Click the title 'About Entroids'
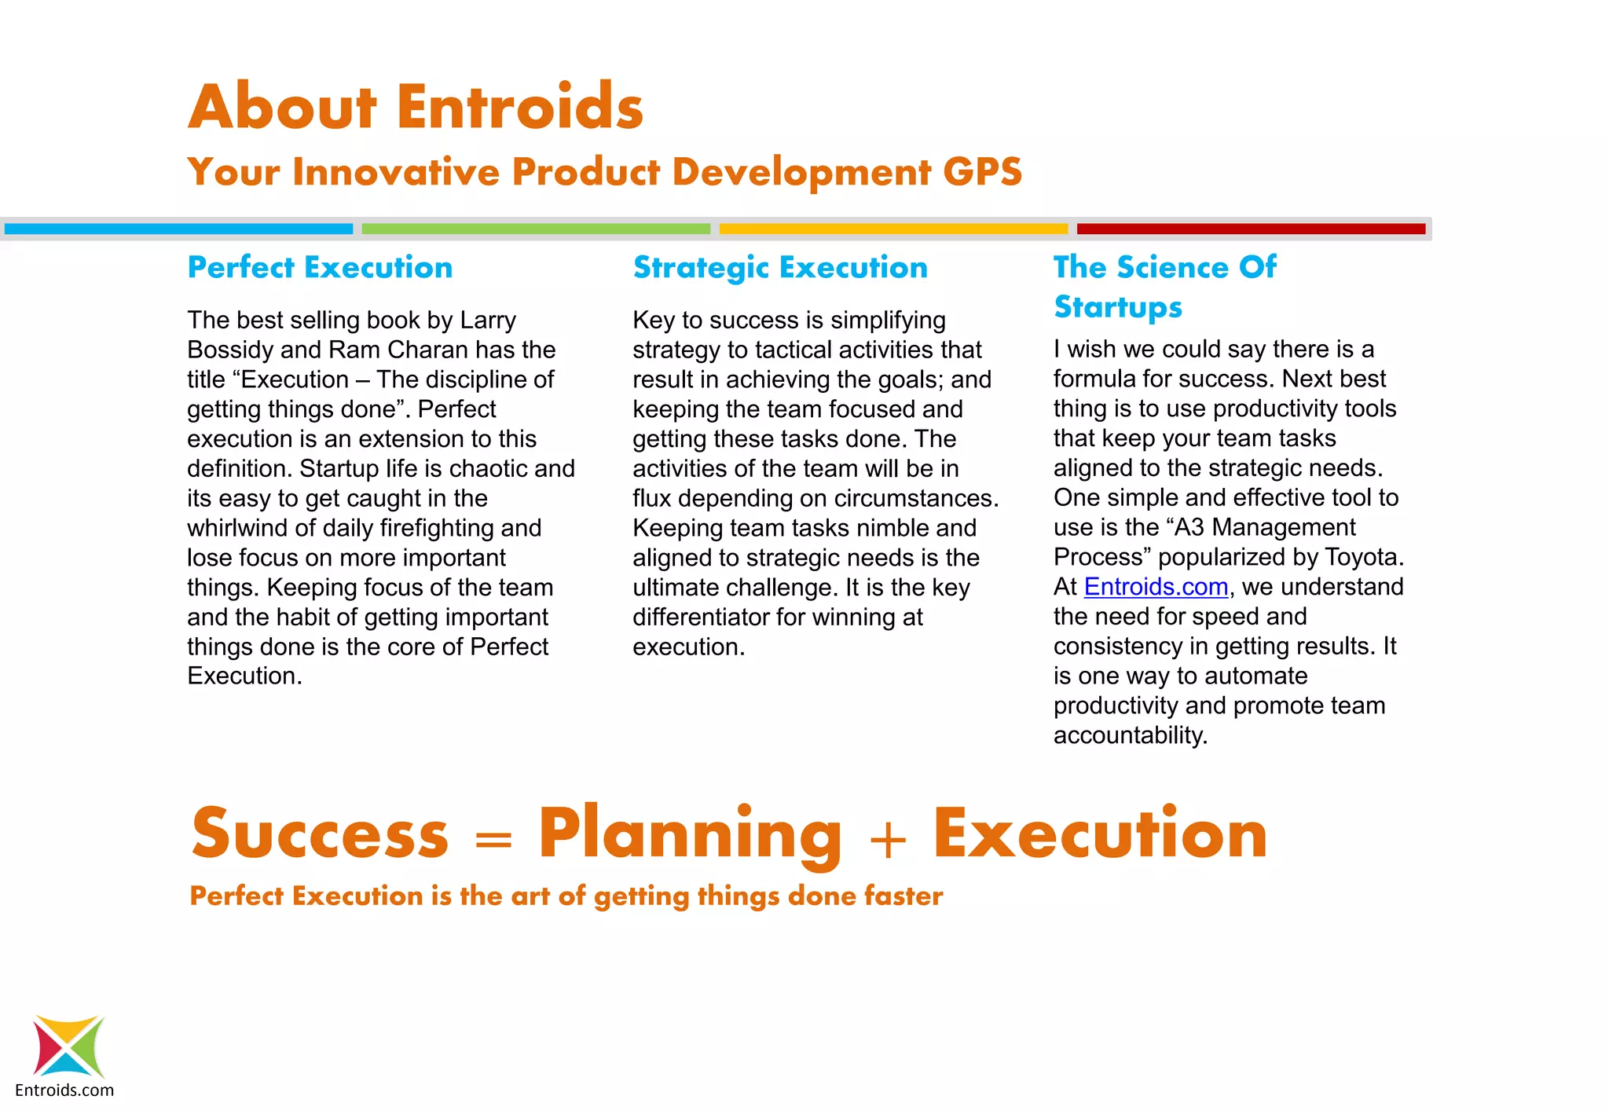(416, 107)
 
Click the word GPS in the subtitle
(982, 172)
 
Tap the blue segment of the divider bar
(178, 229)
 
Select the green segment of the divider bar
(536, 229)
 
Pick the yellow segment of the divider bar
(893, 229)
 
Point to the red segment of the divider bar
(1251, 229)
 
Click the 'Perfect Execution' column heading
(320, 268)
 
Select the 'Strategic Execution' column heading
(780, 268)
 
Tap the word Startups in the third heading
(1117, 307)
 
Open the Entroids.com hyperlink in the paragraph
(1156, 587)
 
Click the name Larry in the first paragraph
(488, 321)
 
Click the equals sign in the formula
(493, 841)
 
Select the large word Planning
(690, 834)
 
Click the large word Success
(320, 834)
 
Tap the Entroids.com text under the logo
(64, 1090)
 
